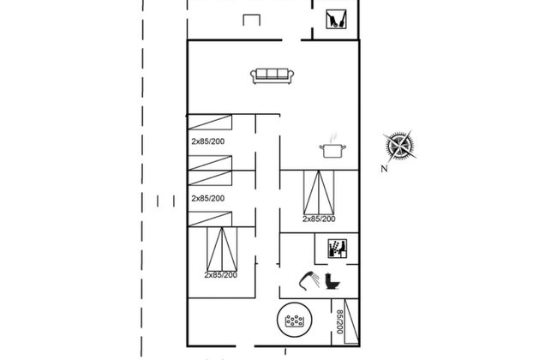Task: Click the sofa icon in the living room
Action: coord(273,75)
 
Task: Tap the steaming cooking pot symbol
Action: coord(332,151)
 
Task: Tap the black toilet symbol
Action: coord(332,281)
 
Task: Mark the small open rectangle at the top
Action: coord(251,21)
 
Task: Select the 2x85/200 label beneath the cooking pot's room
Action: coord(319,219)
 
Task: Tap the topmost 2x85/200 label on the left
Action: coord(208,140)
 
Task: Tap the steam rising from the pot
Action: coord(332,136)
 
